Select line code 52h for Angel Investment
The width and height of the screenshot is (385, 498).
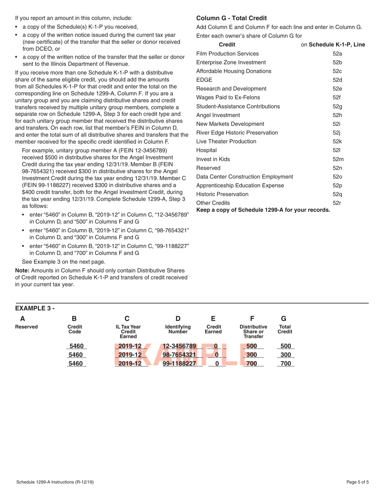337,115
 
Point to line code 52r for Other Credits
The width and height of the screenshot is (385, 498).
337,203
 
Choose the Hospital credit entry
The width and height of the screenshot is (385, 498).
206,150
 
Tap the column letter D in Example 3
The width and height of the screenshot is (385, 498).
178,319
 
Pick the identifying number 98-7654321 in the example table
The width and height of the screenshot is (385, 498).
179,355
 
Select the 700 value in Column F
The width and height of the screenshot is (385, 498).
252,363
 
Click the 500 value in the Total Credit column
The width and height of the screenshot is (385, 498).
286,346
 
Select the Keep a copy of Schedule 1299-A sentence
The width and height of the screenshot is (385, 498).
263,210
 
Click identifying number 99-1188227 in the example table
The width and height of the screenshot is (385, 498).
179,363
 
